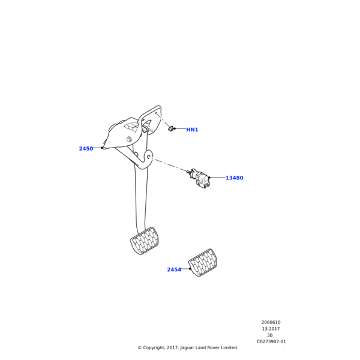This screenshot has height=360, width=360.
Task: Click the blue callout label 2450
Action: [x=86, y=149]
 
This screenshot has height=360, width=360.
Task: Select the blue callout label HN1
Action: [x=192, y=130]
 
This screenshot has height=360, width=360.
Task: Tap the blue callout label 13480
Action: [x=235, y=178]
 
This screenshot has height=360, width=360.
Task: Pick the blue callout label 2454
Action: [x=174, y=269]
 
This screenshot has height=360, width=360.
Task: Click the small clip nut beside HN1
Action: [x=172, y=129]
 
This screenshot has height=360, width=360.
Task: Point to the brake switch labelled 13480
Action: [x=199, y=178]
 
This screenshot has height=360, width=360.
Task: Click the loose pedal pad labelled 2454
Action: [x=203, y=263]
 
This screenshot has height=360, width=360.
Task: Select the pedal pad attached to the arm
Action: [x=145, y=241]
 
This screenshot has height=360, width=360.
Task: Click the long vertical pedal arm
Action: [x=141, y=197]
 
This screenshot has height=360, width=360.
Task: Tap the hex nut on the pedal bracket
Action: [x=129, y=139]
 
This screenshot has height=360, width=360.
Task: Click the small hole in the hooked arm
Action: [x=148, y=157]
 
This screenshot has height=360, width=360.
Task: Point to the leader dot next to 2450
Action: [x=102, y=148]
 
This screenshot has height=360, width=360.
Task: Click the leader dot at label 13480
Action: [x=209, y=178]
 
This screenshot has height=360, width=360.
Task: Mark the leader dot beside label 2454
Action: [x=190, y=269]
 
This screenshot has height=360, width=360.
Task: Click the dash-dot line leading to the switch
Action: [x=169, y=164]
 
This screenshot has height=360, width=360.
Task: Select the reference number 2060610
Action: [x=271, y=322]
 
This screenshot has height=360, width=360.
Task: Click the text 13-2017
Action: [x=271, y=329]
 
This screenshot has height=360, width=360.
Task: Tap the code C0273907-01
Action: [x=271, y=341]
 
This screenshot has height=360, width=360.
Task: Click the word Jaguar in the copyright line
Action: [x=187, y=348]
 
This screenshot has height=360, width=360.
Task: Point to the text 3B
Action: [x=270, y=335]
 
